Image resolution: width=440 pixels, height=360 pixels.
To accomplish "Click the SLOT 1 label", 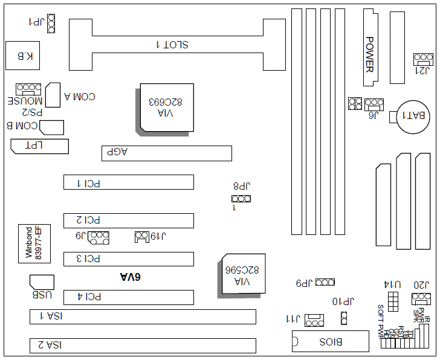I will (x=172, y=45).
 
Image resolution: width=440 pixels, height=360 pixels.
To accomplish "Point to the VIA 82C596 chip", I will (x=241, y=275).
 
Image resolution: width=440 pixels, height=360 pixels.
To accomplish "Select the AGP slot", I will (x=166, y=153).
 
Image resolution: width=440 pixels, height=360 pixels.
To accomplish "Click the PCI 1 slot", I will (x=129, y=182).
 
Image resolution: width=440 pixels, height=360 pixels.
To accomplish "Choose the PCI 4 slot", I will (x=129, y=297).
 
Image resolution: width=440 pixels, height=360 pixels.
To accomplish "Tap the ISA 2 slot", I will (x=143, y=346).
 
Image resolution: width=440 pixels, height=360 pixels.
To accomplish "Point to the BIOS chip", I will (x=331, y=342).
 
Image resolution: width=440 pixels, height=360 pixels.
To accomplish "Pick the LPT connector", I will (x=39, y=146).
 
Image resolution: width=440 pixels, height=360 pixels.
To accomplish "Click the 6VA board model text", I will (x=129, y=277).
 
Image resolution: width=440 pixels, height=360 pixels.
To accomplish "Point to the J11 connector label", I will (x=292, y=318).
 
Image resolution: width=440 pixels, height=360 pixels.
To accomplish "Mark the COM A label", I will (x=79, y=97).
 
